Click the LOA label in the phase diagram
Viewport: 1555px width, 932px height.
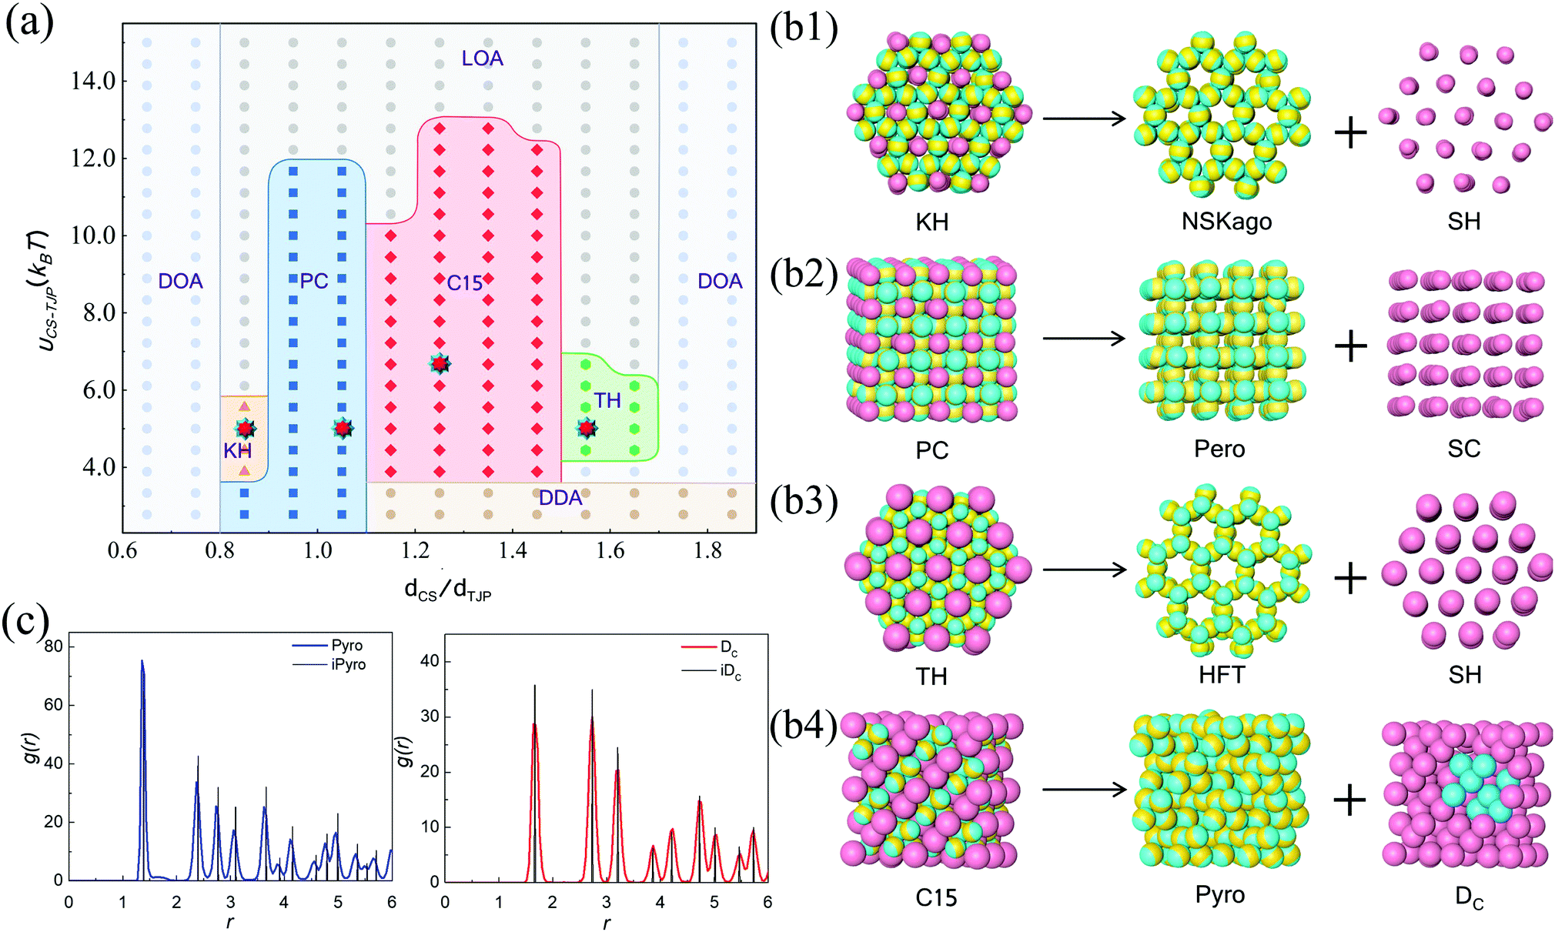coord(482,58)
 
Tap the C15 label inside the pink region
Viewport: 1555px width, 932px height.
coord(464,283)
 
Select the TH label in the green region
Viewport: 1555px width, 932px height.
coord(607,400)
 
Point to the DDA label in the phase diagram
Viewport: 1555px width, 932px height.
coord(560,498)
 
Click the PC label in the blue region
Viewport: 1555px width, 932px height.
coord(314,281)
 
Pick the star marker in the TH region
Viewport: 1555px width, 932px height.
coord(587,428)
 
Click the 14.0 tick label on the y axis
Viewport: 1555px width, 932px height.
coord(93,81)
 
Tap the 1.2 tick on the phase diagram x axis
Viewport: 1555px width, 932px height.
coord(415,551)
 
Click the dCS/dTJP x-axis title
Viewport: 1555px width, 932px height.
coord(447,590)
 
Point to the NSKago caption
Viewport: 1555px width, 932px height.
coord(1226,222)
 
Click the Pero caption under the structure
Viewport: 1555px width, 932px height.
coord(1219,448)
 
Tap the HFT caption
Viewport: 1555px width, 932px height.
coord(1221,675)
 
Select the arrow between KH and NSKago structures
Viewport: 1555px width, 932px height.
coord(1084,119)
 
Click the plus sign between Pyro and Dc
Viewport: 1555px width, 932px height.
coord(1350,800)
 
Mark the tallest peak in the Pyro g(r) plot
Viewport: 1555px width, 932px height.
coord(142,662)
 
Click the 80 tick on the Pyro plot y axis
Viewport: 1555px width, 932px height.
coord(53,646)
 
